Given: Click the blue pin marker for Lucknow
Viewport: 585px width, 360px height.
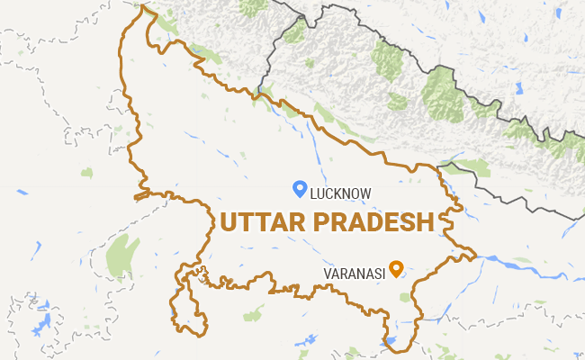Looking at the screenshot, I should [x=301, y=188].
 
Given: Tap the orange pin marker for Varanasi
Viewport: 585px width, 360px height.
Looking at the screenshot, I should [x=395, y=269].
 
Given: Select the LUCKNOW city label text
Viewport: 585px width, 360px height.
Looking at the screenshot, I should [x=339, y=193].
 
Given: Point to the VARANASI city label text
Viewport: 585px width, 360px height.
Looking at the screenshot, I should [x=354, y=273].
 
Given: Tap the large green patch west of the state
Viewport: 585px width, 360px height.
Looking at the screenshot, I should [x=121, y=256].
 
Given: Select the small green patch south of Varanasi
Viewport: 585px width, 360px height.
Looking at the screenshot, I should [x=405, y=296].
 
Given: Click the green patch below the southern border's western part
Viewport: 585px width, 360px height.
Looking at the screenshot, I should [x=255, y=313].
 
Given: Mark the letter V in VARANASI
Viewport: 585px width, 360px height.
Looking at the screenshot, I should [x=326, y=273].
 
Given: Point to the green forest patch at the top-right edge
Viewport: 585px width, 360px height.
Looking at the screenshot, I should [x=567, y=144].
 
